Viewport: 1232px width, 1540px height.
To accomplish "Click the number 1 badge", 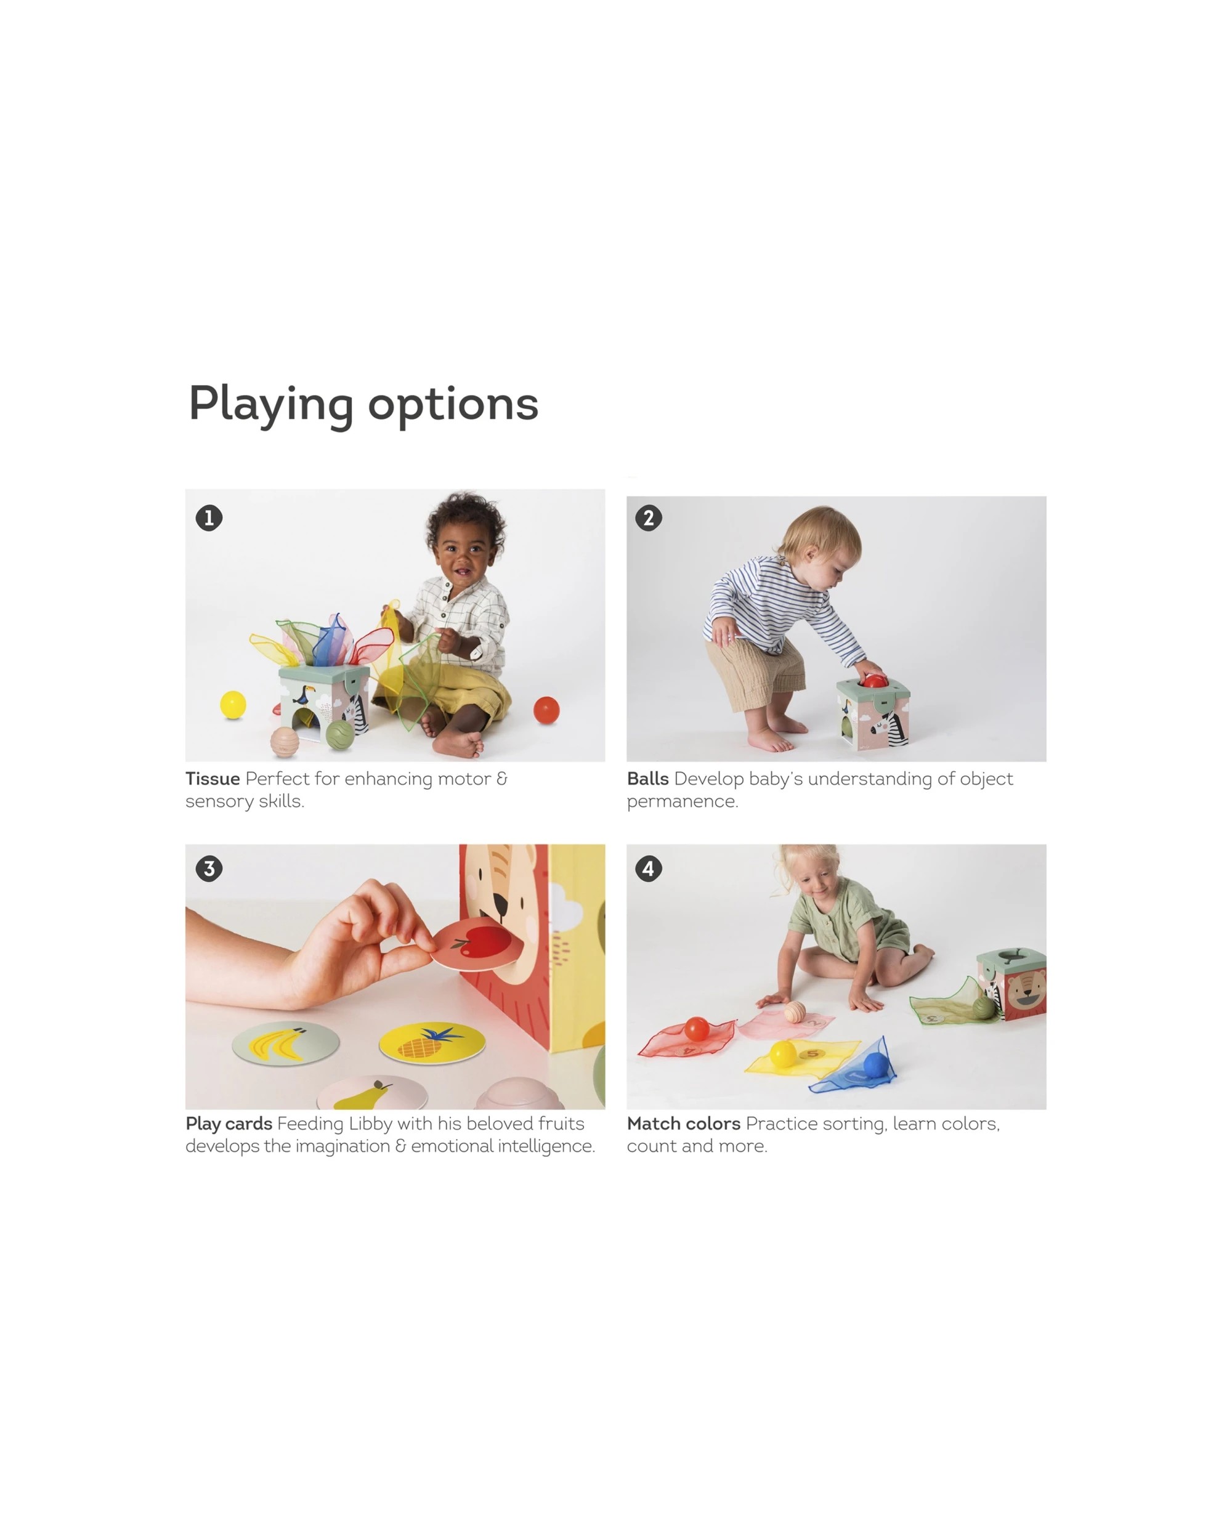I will [209, 518].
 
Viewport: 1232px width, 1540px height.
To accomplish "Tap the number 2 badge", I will [649, 518].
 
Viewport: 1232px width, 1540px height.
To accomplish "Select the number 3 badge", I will [209, 869].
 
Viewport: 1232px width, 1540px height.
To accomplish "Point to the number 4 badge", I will [649, 869].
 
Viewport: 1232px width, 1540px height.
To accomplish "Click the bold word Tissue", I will [212, 779].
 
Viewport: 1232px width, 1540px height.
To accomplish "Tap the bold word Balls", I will [647, 779].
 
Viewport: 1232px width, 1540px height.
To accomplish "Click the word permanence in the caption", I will [682, 801].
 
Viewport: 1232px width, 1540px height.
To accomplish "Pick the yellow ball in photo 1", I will [233, 705].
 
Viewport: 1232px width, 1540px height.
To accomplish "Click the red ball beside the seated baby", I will [546, 710].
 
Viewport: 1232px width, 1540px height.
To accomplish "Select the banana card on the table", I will [286, 1044].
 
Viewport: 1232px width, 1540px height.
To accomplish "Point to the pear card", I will [371, 1093].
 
